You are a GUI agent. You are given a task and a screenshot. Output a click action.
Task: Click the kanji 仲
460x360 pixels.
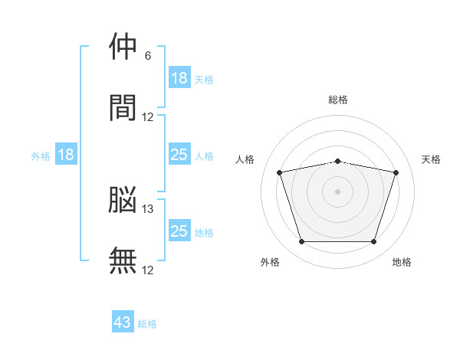coord(123,47)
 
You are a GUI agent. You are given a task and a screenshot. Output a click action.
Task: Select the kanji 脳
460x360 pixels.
coord(123,200)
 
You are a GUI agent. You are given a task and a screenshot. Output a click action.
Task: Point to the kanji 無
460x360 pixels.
coord(123,260)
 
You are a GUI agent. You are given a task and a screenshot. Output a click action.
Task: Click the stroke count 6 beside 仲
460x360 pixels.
coord(148,56)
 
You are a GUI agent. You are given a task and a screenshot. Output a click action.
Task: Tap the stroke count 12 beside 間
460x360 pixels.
coord(148,116)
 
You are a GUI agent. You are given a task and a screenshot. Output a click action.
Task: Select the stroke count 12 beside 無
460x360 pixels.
coord(148,270)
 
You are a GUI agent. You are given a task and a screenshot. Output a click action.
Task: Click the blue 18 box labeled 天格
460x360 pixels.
coord(179,78)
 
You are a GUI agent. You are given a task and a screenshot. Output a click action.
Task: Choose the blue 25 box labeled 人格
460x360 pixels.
coord(179,155)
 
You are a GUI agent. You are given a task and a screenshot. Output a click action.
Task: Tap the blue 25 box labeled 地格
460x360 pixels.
coord(179,231)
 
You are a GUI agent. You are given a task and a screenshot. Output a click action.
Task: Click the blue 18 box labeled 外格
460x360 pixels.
coord(66,155)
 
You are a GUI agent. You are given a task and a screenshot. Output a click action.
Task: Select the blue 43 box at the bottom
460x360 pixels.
coord(123,322)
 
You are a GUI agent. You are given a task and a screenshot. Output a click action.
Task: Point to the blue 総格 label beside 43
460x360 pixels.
coord(147,324)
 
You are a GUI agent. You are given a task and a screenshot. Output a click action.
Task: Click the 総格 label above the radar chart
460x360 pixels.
coord(338,100)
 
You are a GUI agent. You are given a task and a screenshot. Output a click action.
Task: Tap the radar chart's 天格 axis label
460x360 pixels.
coord(432,159)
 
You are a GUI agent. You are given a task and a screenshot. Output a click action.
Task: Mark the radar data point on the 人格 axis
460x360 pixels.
coord(280,172)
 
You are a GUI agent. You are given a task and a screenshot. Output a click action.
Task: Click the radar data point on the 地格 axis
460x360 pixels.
coord(373,242)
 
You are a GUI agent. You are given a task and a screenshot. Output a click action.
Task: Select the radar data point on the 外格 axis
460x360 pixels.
coord(301,242)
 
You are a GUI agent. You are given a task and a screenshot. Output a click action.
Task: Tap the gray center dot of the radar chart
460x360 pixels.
coord(337,191)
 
